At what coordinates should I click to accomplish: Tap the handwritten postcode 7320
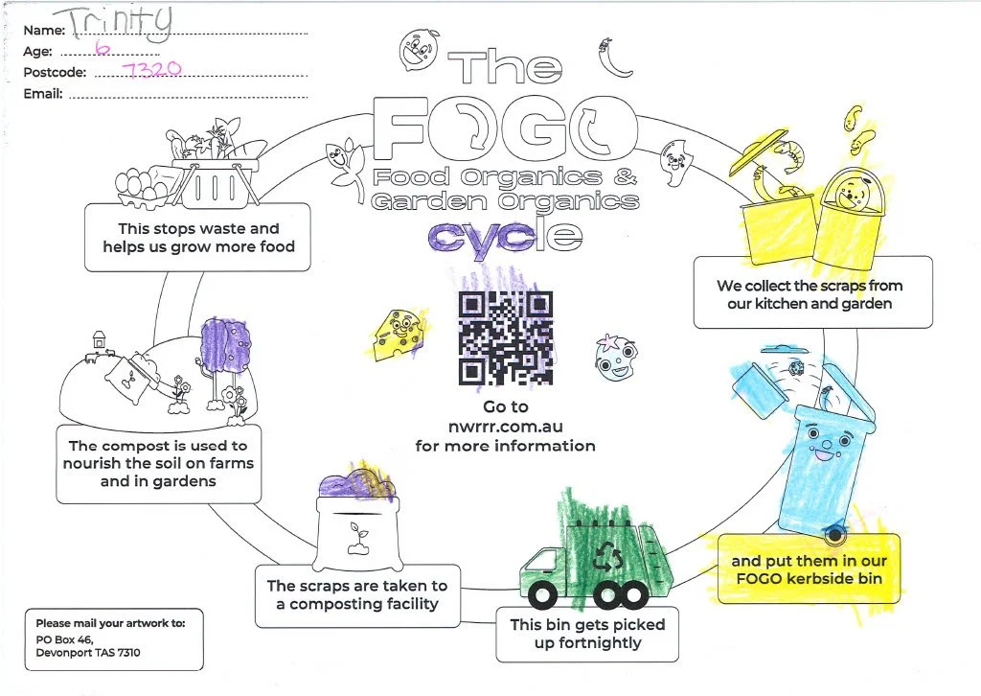click(x=154, y=70)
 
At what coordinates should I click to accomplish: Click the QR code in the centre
click(x=506, y=336)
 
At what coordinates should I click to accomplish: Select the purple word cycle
click(x=504, y=235)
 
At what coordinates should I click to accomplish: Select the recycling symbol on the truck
click(x=607, y=555)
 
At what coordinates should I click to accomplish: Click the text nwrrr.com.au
click(x=505, y=427)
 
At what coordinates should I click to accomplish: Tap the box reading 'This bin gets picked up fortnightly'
click(x=586, y=634)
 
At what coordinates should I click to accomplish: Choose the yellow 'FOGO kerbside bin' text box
click(x=810, y=568)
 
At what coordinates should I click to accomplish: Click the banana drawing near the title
click(x=605, y=58)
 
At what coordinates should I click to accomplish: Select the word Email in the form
click(x=42, y=94)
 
